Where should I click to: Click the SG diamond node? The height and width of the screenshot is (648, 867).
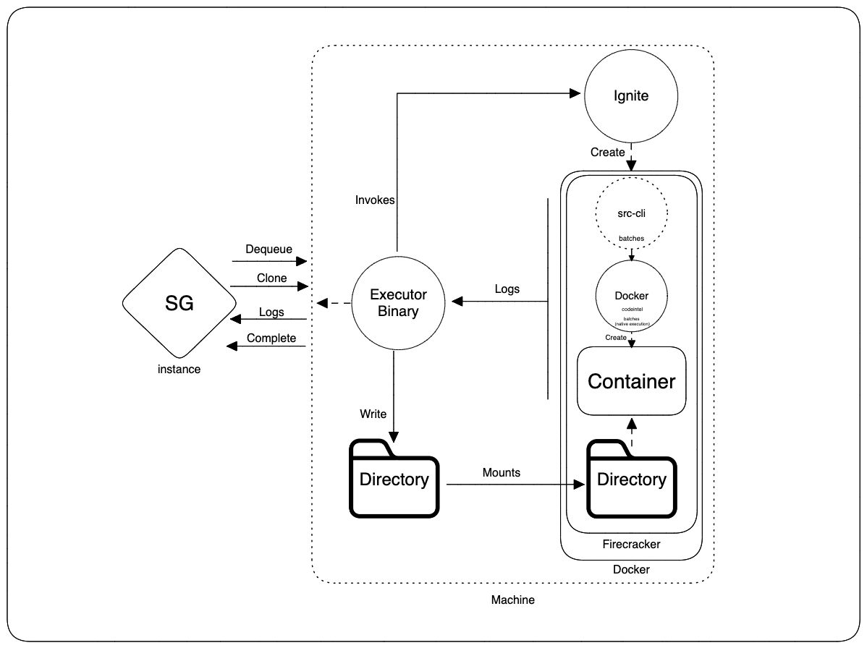179,304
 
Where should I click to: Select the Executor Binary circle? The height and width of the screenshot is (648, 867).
398,303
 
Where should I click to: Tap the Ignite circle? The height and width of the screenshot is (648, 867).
630,96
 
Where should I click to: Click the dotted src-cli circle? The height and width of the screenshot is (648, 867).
631,213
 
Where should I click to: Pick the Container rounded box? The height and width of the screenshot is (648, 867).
631,381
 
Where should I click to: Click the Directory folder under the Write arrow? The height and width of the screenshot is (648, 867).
394,479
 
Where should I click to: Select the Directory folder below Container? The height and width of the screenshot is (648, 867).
631,479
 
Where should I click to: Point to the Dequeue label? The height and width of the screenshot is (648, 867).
268,250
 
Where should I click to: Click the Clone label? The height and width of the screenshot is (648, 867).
271,278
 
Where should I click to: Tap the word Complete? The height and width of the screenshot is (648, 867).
271,338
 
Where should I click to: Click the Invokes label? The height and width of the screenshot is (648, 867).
375,200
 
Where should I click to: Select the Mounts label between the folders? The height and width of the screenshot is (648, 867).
502,472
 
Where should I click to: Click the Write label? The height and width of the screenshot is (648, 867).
373,414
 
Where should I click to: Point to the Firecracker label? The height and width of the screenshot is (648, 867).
631,544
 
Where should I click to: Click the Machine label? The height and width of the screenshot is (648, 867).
512,600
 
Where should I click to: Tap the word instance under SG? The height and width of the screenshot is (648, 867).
179,369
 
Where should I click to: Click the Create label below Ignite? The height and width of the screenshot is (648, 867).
607,152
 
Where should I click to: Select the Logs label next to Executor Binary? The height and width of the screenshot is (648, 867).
507,289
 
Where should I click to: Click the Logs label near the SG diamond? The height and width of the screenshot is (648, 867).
271,312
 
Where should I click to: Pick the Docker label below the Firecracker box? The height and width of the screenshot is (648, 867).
631,569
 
